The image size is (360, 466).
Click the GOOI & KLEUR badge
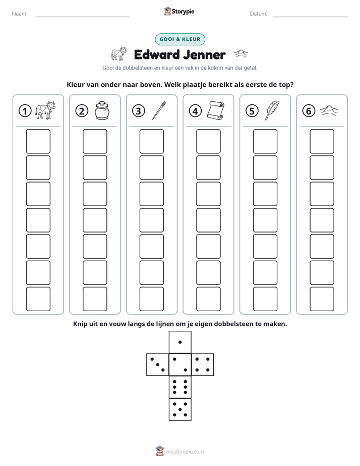click(x=179, y=39)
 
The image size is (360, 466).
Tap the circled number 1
click(x=25, y=111)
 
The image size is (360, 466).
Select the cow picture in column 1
click(x=45, y=110)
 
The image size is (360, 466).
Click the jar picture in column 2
click(x=102, y=110)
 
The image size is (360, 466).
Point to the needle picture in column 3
click(x=159, y=110)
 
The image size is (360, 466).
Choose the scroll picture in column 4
click(x=216, y=110)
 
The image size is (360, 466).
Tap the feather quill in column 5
click(x=272, y=110)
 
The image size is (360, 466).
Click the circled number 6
click(x=309, y=111)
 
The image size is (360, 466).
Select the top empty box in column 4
click(x=208, y=141)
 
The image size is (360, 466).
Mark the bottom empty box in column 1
click(x=38, y=299)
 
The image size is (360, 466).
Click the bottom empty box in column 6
click(x=322, y=299)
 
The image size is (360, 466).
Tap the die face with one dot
click(x=180, y=342)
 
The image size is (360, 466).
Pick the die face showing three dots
click(x=158, y=365)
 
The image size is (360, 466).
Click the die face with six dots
click(x=180, y=387)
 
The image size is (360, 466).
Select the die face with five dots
click(x=180, y=410)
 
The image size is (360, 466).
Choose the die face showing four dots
click(x=203, y=365)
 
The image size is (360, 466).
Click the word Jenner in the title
click(x=204, y=54)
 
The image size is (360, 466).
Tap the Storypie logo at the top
click(x=179, y=11)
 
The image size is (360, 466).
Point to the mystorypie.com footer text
click(x=185, y=452)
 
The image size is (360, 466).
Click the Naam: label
click(x=20, y=14)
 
